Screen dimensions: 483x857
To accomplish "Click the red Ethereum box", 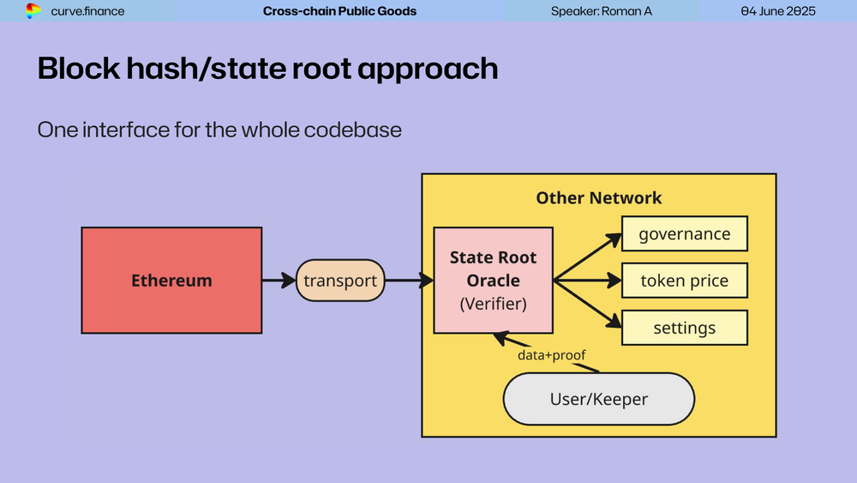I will click(171, 280).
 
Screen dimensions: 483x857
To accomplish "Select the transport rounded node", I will click(340, 281).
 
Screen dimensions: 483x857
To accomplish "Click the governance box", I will click(685, 234).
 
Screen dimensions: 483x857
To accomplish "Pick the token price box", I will click(685, 281).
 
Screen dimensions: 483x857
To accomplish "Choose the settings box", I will click(685, 328).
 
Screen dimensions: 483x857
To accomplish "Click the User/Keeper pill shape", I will click(598, 399).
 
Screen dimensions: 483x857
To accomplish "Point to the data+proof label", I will click(552, 354).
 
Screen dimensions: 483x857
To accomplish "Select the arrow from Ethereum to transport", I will click(279, 280).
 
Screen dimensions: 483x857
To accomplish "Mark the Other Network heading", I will click(599, 198).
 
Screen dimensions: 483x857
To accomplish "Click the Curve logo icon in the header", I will click(33, 11).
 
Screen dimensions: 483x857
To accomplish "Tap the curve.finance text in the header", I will click(87, 11).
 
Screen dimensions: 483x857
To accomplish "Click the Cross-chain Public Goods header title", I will click(339, 11).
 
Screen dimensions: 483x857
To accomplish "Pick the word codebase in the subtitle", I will click(351, 130).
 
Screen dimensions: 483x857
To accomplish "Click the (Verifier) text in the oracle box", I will click(493, 303).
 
